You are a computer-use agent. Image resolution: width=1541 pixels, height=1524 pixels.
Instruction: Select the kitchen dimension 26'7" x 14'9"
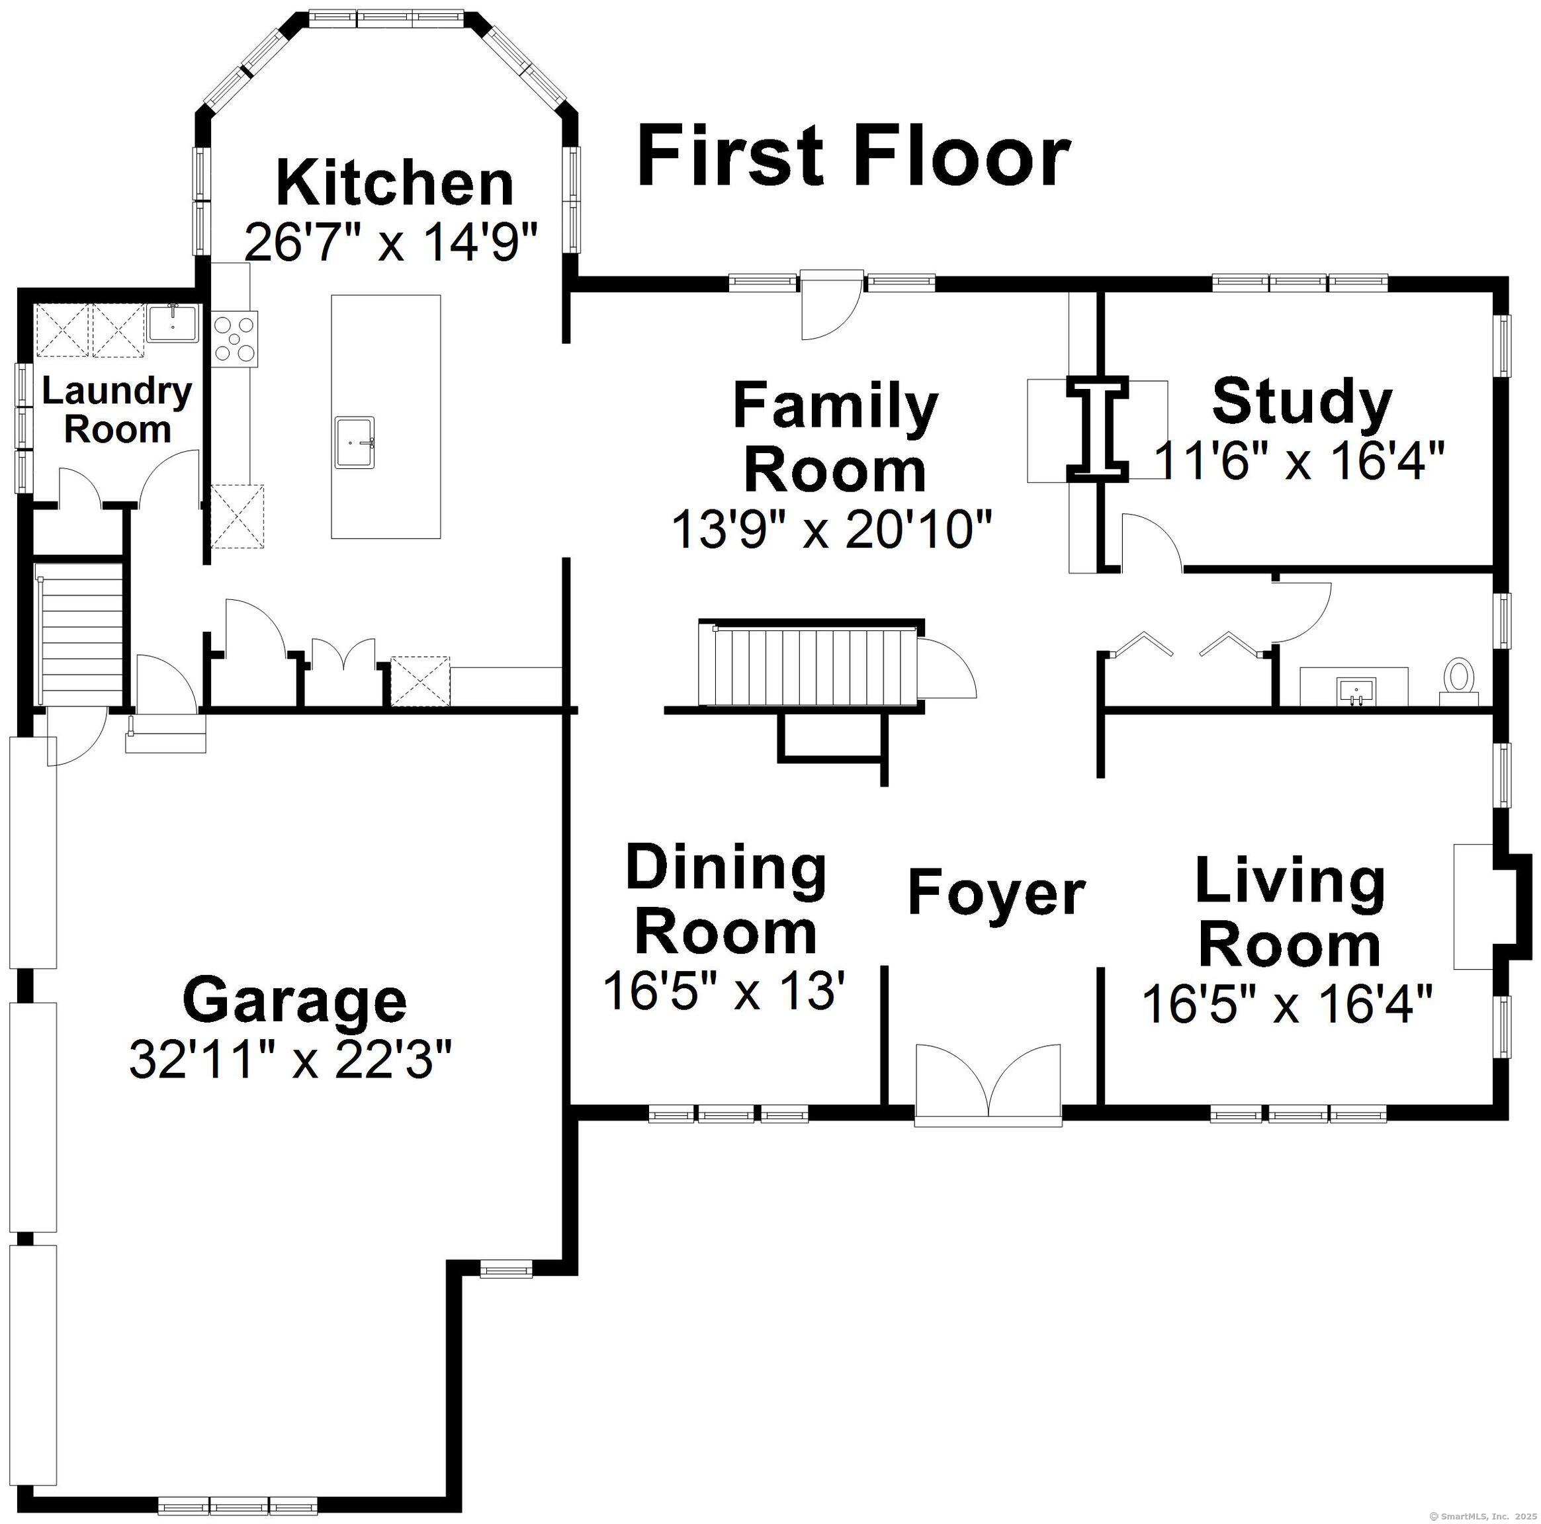click(x=392, y=241)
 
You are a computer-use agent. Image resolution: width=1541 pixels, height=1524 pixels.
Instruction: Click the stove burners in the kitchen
click(x=236, y=339)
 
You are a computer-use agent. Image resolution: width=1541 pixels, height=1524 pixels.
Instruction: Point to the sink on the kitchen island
click(x=355, y=441)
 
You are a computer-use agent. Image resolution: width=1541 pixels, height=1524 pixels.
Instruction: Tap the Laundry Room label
click(x=116, y=411)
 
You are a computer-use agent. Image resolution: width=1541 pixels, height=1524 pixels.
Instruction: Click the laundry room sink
click(x=172, y=323)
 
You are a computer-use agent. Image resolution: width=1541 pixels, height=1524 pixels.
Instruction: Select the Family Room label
click(x=835, y=438)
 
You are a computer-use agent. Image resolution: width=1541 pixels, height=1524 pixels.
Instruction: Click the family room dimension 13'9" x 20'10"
click(x=833, y=530)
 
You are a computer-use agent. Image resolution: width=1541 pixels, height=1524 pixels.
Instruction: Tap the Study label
click(x=1301, y=404)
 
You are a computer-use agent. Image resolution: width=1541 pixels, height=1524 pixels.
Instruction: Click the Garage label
click(x=294, y=1001)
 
